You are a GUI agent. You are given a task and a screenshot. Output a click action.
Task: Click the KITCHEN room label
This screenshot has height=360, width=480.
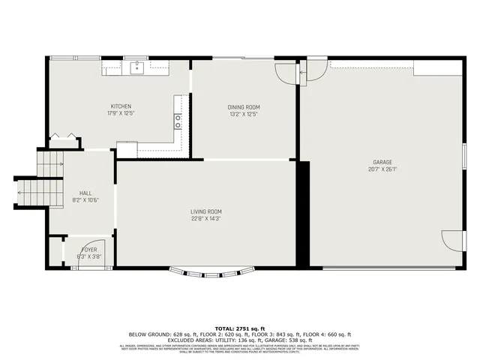click(x=121, y=106)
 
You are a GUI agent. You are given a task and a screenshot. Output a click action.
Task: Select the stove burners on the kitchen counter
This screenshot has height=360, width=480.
click(x=178, y=118)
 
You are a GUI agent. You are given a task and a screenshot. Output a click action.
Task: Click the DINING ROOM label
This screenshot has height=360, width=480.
click(x=244, y=107)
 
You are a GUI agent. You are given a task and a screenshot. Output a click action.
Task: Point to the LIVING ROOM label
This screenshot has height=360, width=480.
click(x=205, y=211)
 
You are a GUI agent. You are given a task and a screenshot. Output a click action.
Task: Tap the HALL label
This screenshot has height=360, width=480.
click(x=85, y=193)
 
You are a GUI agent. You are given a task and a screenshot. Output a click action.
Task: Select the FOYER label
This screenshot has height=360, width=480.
click(x=88, y=249)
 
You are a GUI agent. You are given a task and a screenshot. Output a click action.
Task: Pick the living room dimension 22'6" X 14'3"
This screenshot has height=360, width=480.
click(x=205, y=219)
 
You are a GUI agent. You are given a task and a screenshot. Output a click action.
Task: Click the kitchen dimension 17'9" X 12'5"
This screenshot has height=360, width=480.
click(x=121, y=114)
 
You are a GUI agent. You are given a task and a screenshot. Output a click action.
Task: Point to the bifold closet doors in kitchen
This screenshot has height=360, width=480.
click(x=64, y=139)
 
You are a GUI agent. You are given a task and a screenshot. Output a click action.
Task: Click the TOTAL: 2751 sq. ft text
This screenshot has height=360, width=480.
click(x=239, y=328)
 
